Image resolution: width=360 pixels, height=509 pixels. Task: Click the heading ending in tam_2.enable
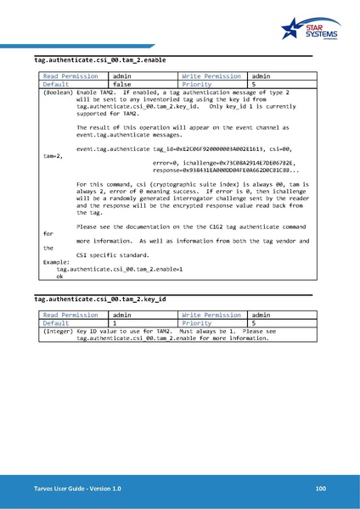pyautogui.click(x=99, y=61)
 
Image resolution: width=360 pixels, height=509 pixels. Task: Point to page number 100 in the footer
pyautogui.click(x=320, y=489)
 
